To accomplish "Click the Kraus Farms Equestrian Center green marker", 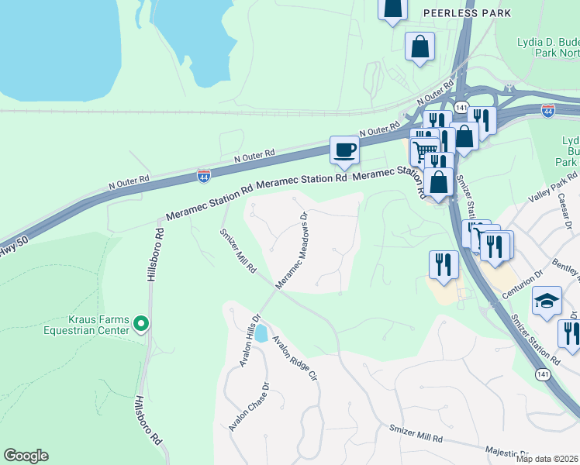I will pos(140,323).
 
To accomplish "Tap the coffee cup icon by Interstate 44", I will pos(344,150).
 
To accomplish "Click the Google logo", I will pos(26,456).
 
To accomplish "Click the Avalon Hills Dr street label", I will pos(248,340).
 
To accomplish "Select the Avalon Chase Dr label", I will pos(249,408).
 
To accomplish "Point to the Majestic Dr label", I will pos(507,452).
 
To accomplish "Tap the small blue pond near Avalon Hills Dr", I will pos(261,334).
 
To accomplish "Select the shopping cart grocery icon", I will pos(423,150).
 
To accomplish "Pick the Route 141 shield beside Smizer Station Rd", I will pos(542,374).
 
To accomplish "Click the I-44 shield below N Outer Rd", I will pos(204,177).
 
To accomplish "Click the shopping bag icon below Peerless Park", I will pos(419,46).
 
